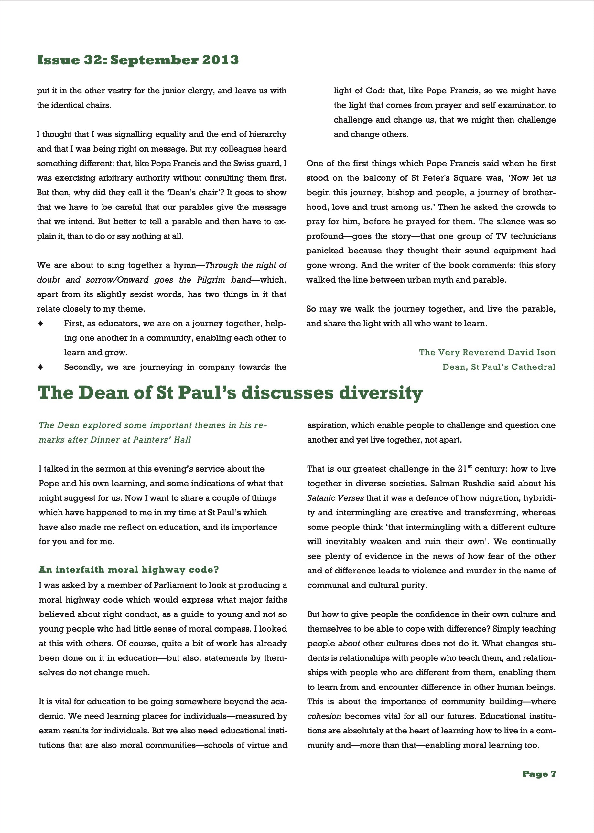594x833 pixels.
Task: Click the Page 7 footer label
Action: [539, 774]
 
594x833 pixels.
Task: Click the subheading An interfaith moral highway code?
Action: [129, 570]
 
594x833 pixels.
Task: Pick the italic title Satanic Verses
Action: [335, 498]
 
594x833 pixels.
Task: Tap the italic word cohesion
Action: [324, 716]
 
